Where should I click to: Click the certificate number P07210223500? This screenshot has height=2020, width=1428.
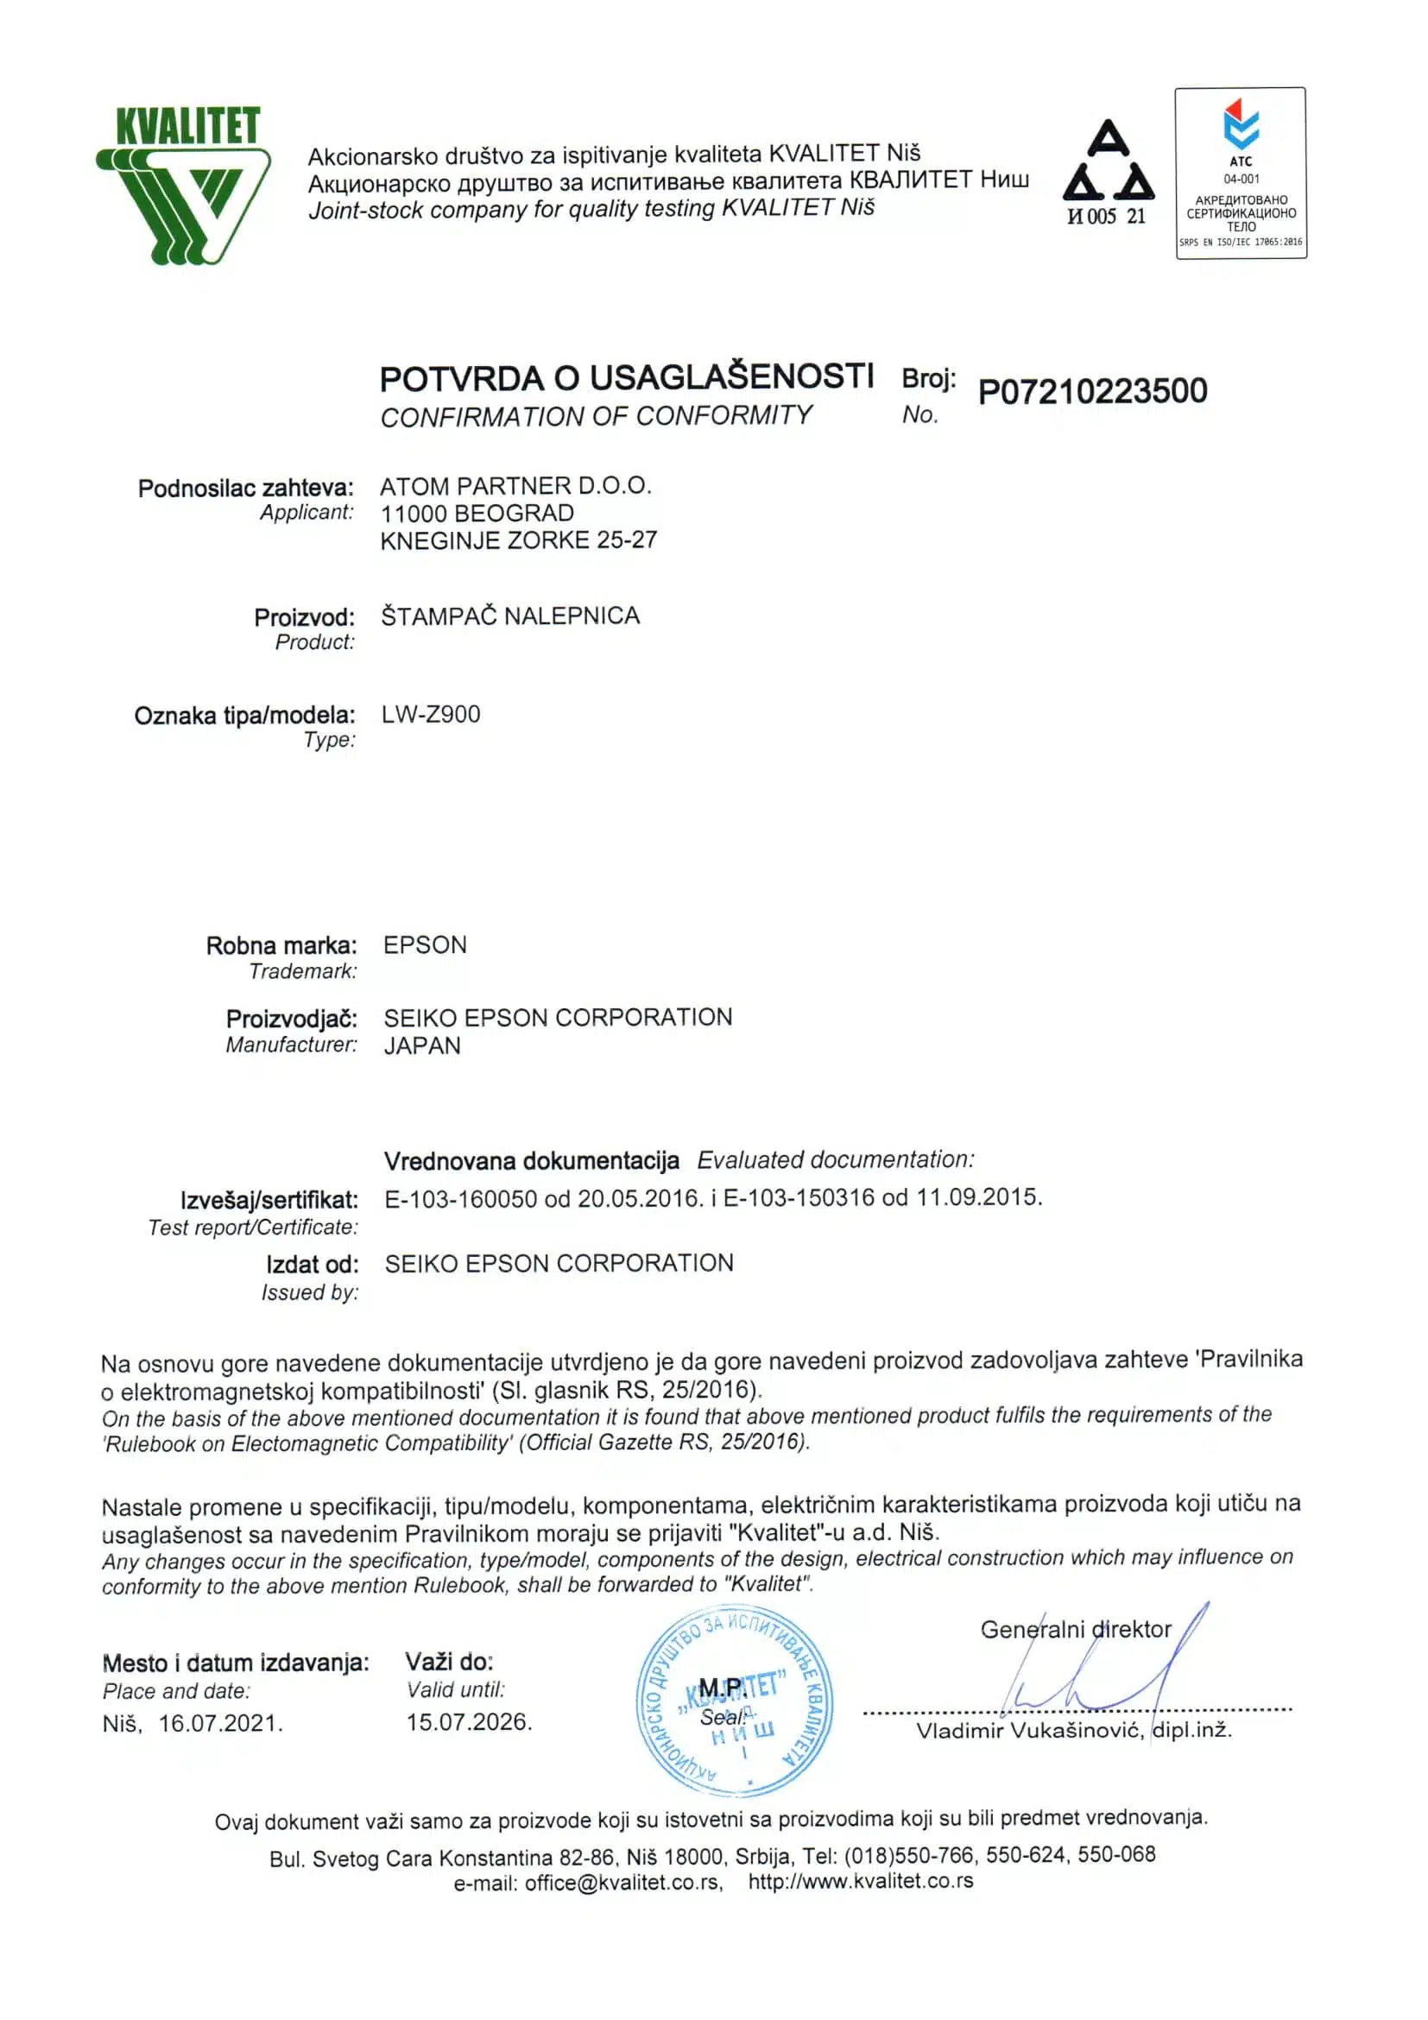point(1092,391)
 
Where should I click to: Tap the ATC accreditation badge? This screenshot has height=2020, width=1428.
point(1241,174)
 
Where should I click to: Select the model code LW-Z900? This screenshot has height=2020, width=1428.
point(430,714)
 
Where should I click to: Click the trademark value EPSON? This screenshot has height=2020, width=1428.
point(425,945)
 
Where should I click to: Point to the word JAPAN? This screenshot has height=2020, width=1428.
point(421,1045)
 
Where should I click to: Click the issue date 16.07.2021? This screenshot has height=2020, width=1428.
point(220,1723)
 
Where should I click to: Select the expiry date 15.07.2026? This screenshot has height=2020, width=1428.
point(469,1722)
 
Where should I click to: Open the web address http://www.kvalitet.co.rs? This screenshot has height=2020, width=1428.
point(861,1881)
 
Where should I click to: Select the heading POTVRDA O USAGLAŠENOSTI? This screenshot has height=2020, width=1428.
point(627,377)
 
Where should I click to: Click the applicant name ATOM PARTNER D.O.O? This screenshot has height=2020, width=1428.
point(515,486)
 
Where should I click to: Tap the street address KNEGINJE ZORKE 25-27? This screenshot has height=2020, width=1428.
point(518,540)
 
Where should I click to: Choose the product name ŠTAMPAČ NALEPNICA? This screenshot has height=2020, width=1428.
point(510,615)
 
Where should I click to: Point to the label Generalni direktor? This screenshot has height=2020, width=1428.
point(1075,1629)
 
